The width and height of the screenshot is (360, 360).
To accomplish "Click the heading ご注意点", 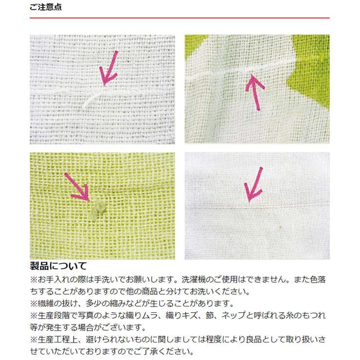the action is tap(45, 7).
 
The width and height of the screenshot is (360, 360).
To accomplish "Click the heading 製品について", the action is tap(58, 266).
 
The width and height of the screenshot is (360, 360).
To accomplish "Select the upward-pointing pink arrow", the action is tap(255, 92).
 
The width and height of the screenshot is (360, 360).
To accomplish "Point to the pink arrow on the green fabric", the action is tap(77, 187).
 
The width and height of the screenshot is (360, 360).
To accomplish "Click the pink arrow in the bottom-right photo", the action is tap(253, 185).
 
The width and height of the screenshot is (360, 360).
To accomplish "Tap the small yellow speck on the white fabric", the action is tap(280, 227).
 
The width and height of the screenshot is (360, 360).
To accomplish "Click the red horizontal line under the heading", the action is tap(180, 18).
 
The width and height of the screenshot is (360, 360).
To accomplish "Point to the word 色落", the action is tap(318, 279).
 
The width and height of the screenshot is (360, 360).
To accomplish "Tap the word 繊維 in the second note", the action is tap(46, 304).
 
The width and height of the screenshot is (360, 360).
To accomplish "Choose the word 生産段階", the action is tap(54, 315).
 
